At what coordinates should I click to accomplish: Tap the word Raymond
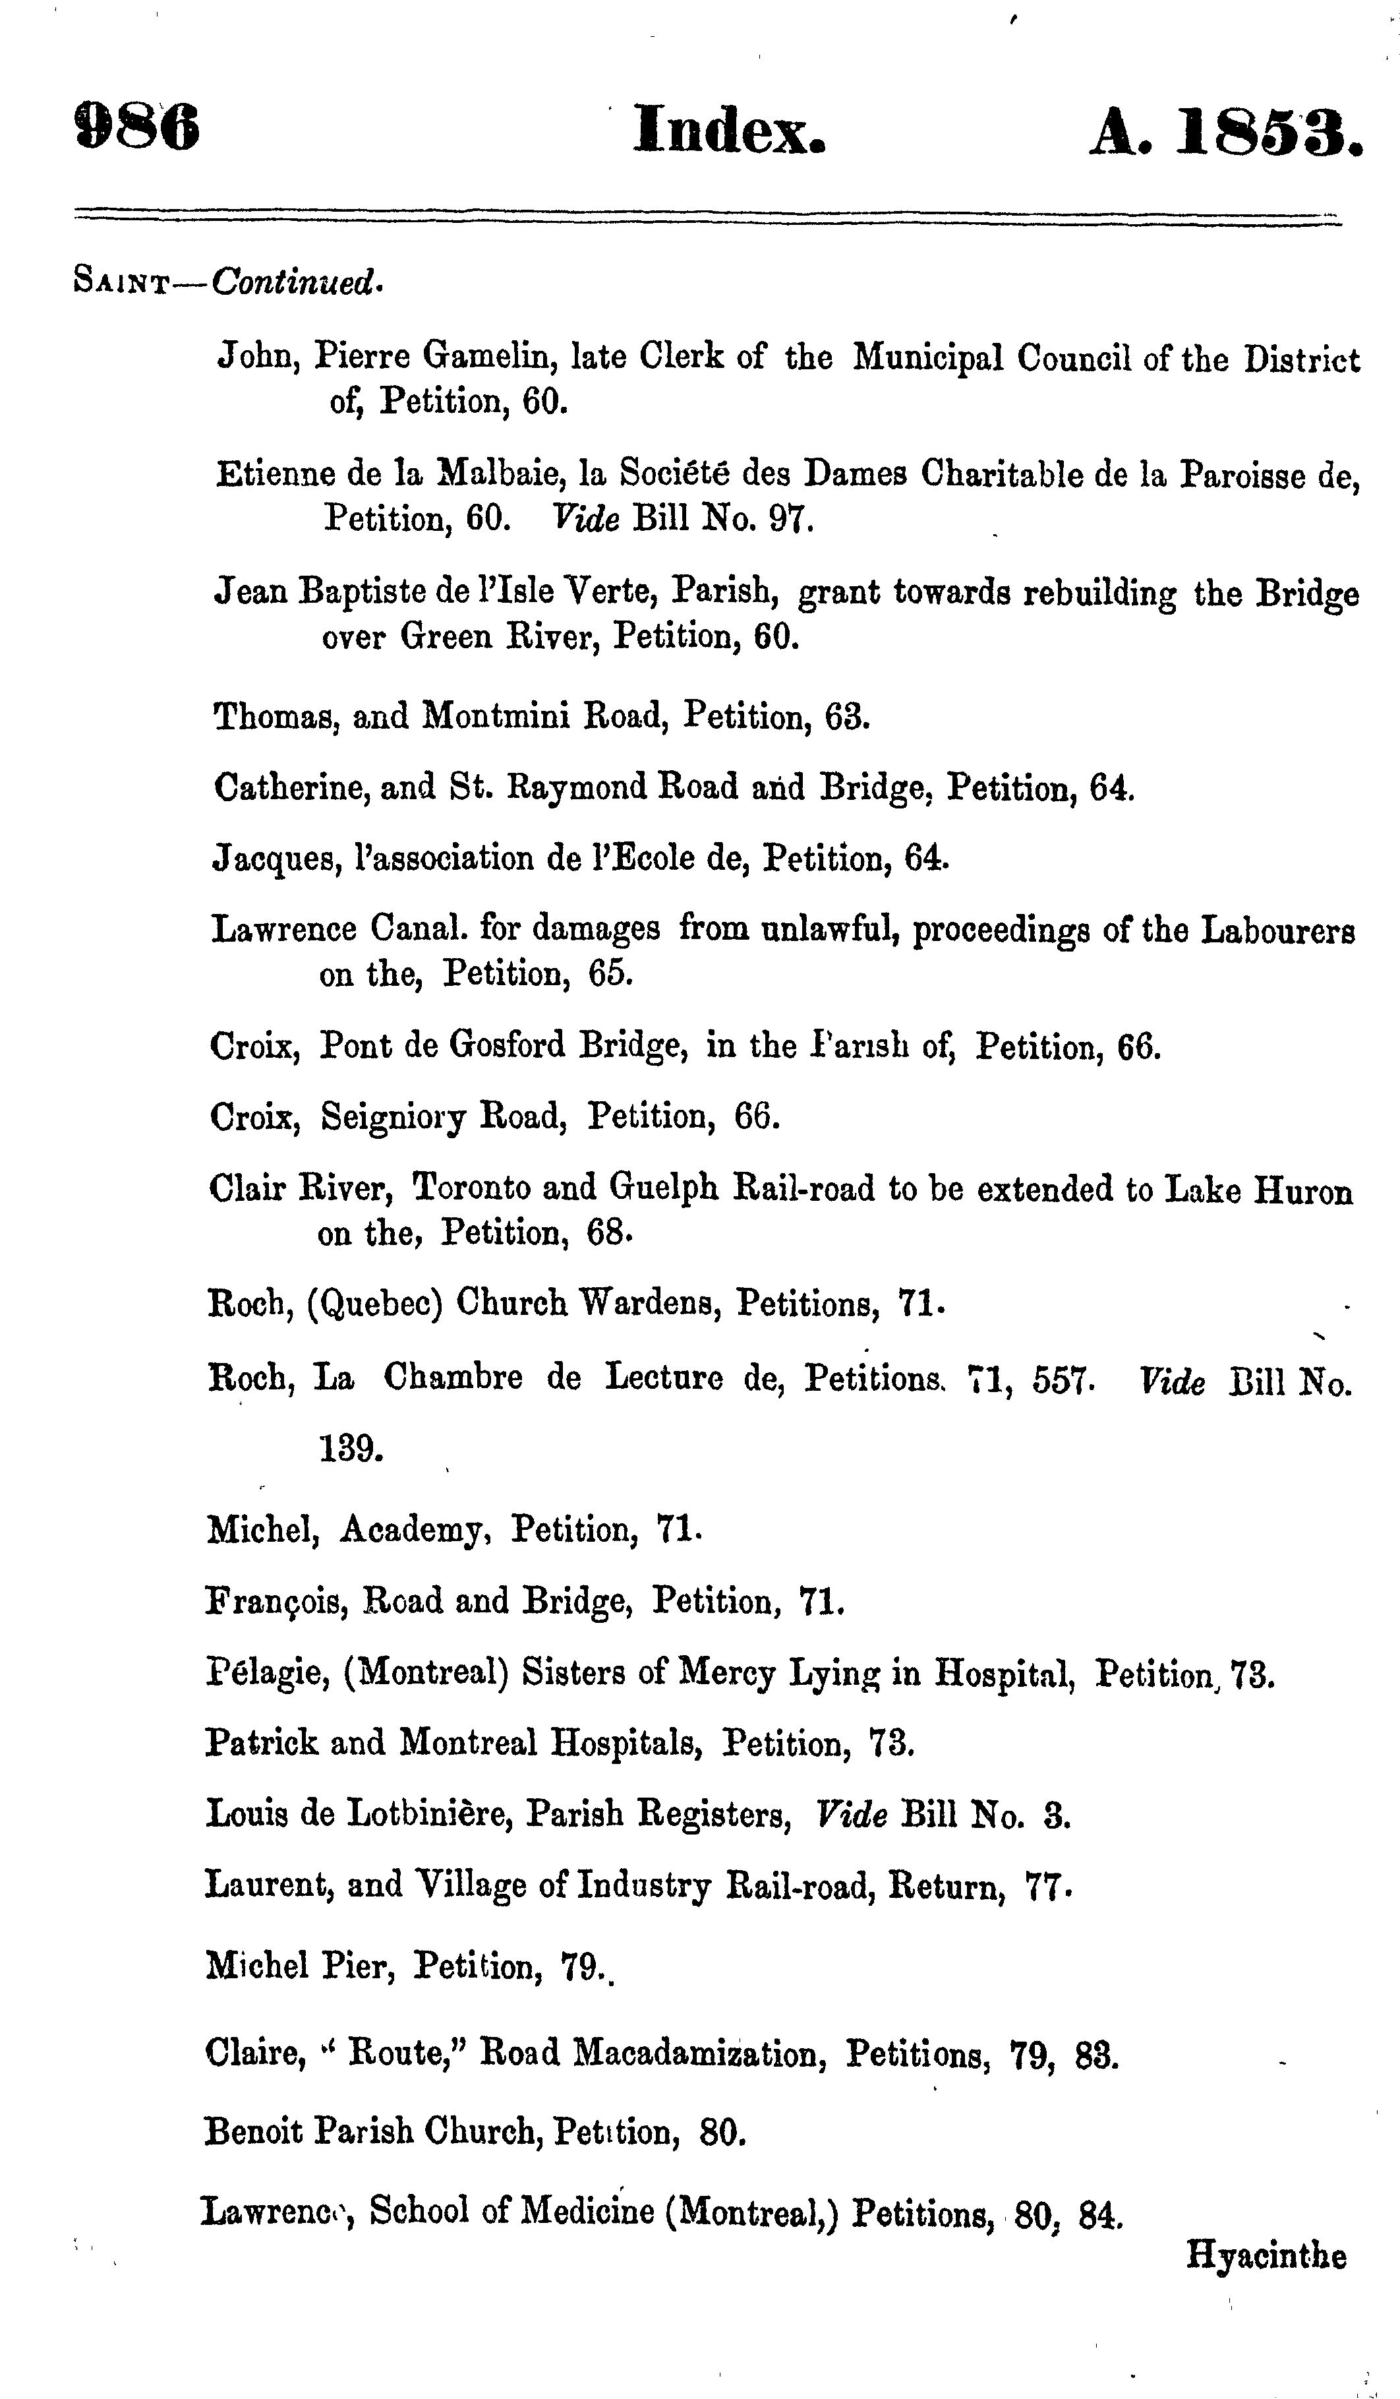click(x=619, y=787)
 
